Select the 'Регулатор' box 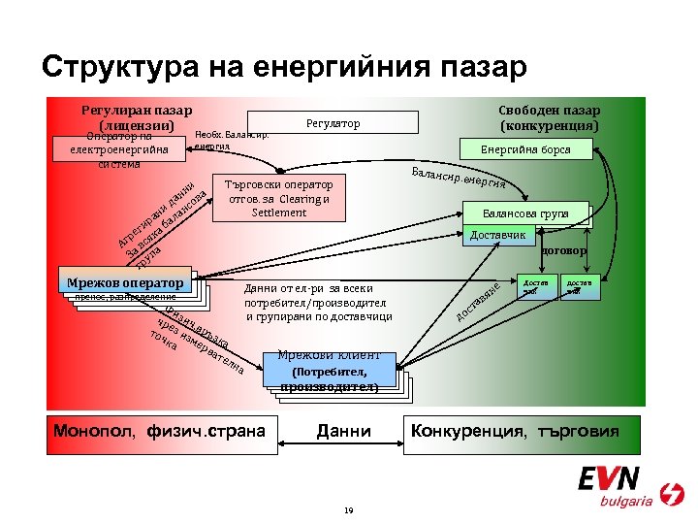[333, 123]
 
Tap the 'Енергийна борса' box [525, 149]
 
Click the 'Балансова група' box [527, 213]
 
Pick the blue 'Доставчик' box [498, 236]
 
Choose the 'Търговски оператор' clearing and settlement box [278, 198]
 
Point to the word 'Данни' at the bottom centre [343, 430]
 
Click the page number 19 [347, 508]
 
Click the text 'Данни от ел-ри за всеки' [308, 288]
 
